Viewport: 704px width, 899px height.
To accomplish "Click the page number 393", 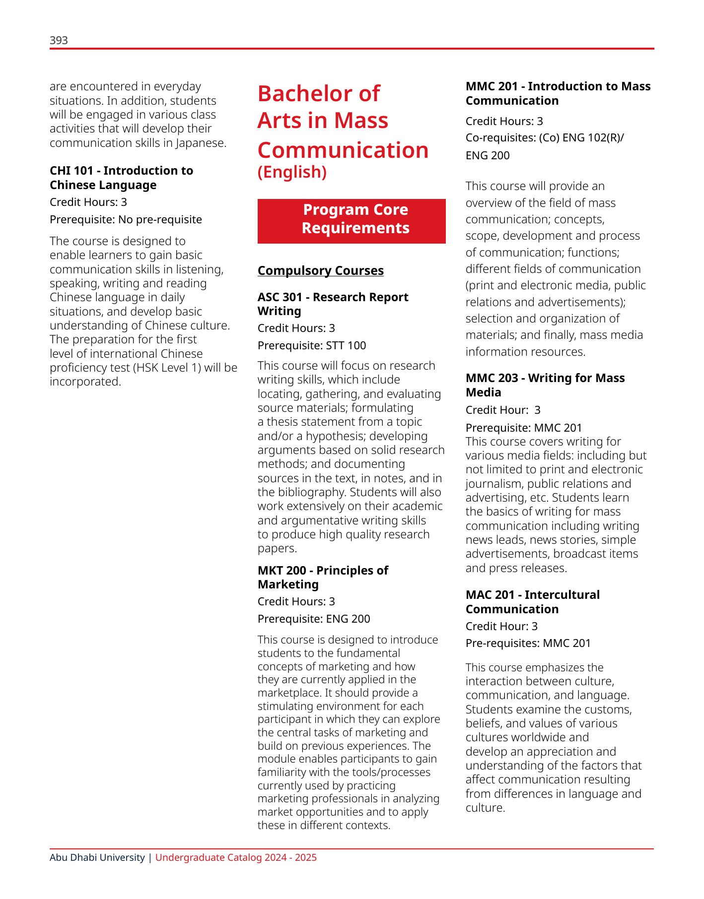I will (59, 41).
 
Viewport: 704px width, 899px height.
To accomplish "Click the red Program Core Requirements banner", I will (352, 221).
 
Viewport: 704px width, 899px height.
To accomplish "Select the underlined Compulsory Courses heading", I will (320, 271).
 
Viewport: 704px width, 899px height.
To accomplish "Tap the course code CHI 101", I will (71, 171).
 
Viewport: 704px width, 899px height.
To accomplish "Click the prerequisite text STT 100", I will (346, 345).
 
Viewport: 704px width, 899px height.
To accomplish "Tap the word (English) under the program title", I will (292, 172).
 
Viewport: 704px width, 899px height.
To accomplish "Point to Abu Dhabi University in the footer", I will (97, 858).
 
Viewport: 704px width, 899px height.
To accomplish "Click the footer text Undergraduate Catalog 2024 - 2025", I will (236, 858).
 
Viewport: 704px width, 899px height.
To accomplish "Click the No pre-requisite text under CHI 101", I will (160, 219).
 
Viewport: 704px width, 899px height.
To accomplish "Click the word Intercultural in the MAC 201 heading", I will (562, 595).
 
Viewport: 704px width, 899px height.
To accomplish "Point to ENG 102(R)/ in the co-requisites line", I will (593, 138).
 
